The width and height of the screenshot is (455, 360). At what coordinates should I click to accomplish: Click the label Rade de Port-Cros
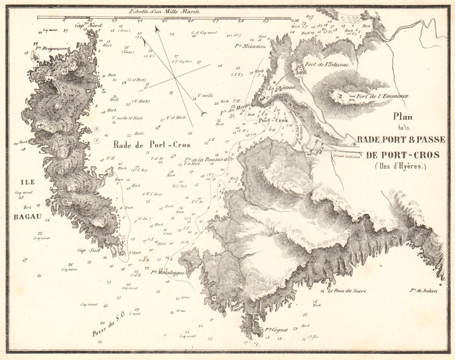(152, 145)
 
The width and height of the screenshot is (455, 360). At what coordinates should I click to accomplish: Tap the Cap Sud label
(87, 250)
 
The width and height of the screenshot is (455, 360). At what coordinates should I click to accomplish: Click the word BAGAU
(27, 216)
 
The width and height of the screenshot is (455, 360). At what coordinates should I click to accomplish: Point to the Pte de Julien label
(423, 290)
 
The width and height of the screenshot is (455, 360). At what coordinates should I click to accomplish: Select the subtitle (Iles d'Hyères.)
(400, 166)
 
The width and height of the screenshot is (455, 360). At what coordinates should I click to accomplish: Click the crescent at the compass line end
(204, 113)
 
